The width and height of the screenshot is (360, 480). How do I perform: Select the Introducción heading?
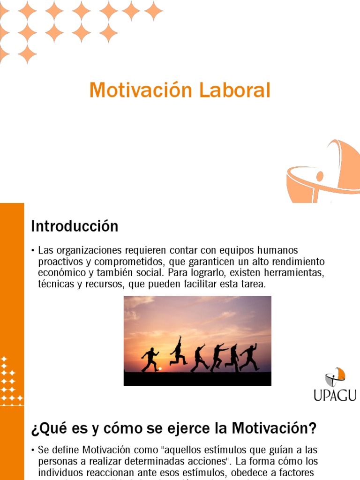pyautogui.click(x=75, y=226)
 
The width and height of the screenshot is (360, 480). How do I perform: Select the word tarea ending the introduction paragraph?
pyautogui.click(x=253, y=284)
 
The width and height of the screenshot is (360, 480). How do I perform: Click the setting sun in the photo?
pyautogui.click(x=159, y=369)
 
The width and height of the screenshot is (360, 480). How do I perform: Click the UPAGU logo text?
pyautogui.click(x=335, y=395)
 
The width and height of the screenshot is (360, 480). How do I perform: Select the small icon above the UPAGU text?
pyautogui.click(x=335, y=376)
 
